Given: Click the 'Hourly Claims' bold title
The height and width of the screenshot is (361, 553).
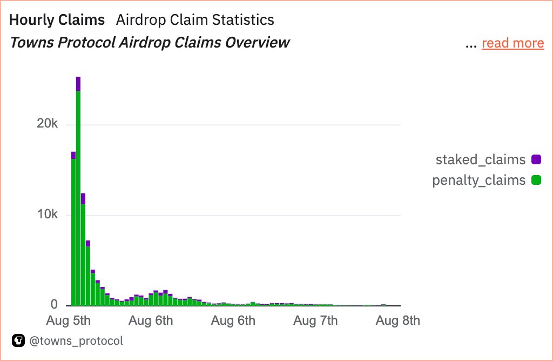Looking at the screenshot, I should (x=57, y=20).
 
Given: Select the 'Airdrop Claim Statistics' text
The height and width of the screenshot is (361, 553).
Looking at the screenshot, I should (x=195, y=20).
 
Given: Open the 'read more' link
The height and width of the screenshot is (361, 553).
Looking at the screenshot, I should (x=512, y=43).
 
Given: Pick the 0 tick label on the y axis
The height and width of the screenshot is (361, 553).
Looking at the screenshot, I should (x=54, y=305).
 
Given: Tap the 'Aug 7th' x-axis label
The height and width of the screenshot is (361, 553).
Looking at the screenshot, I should (x=315, y=320).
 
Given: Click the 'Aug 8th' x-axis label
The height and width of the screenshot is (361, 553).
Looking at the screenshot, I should (x=397, y=320).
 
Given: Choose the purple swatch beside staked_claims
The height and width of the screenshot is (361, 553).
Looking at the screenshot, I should (x=536, y=159).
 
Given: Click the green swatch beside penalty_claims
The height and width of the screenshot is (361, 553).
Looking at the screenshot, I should (x=536, y=180).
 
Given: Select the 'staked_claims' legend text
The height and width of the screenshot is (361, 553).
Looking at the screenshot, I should (x=480, y=159).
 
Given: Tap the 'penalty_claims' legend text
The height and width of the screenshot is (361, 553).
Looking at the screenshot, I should (x=478, y=180).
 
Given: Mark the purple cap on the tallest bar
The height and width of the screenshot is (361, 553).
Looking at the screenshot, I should (x=78, y=84).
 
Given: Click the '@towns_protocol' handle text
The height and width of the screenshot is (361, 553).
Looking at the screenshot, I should (x=76, y=341).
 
